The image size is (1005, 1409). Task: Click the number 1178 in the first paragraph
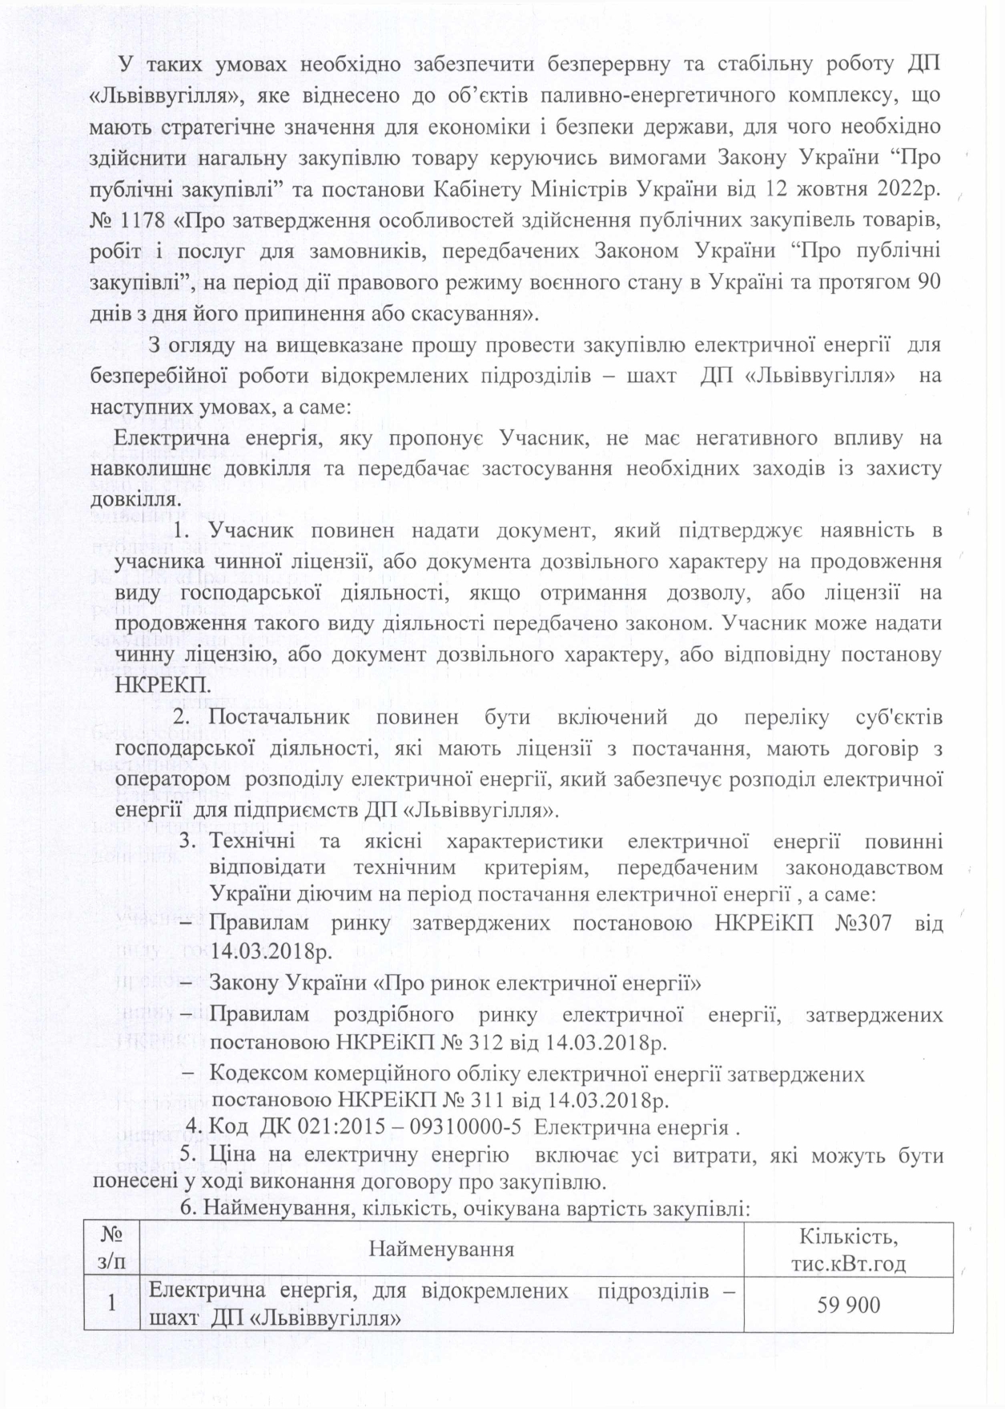click(x=139, y=219)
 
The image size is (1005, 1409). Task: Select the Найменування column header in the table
click(x=441, y=1249)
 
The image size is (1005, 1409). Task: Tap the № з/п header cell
click(x=112, y=1249)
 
